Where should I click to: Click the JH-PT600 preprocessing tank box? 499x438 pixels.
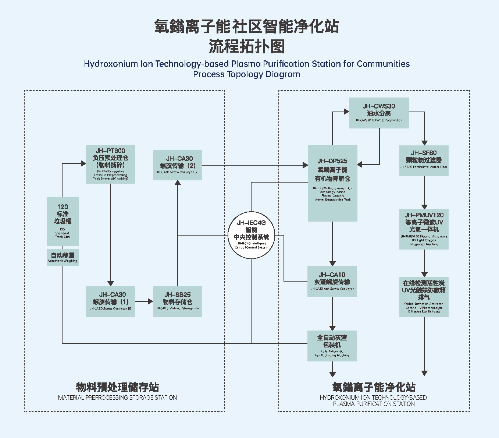(110, 164)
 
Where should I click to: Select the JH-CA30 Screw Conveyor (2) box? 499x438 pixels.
(178, 165)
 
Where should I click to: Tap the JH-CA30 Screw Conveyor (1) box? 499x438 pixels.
(110, 301)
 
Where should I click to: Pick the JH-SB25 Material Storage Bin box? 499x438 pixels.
(178, 301)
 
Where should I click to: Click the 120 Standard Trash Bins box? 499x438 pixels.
(63, 221)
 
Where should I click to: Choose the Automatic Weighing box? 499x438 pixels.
(63, 257)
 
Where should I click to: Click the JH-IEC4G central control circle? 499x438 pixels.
(251, 235)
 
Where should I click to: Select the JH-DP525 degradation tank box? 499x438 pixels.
(332, 183)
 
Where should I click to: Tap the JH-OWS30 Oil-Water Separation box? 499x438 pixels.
(379, 113)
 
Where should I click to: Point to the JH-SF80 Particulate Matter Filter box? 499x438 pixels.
(424, 160)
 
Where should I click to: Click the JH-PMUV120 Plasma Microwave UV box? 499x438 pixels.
(424, 229)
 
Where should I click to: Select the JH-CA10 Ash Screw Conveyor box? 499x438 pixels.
(332, 282)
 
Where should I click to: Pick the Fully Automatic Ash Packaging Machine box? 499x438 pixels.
(332, 346)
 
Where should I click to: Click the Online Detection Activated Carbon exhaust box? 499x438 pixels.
(424, 297)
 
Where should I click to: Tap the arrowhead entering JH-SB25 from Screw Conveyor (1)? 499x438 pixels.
(150, 301)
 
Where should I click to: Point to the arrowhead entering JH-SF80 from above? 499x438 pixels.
(424, 142)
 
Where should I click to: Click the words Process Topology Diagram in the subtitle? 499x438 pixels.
(247, 74)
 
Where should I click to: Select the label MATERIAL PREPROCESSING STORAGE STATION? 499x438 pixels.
(117, 398)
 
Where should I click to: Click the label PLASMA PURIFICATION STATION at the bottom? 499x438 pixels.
(374, 404)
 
